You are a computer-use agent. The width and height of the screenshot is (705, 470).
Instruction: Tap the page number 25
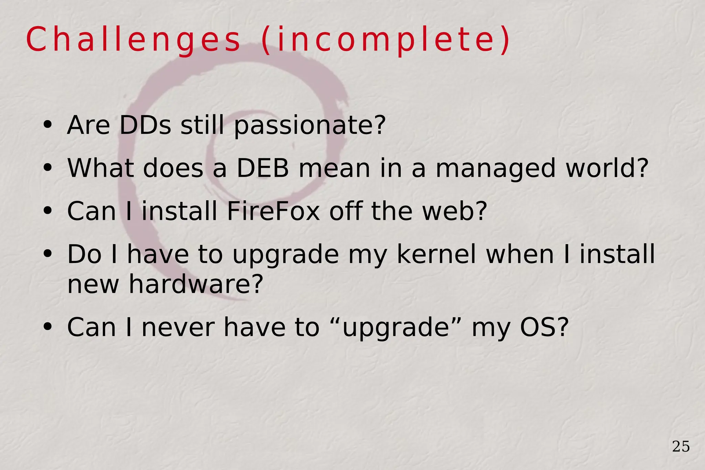(x=681, y=447)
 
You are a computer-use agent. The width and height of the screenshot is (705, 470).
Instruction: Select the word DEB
(x=263, y=168)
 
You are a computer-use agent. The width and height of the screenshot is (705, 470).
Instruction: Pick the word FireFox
(x=273, y=211)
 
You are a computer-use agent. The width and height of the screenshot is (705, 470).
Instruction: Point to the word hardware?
(x=196, y=284)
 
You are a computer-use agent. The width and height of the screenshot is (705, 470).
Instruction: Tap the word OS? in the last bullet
(x=544, y=327)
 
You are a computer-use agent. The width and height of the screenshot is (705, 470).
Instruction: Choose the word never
(x=178, y=327)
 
